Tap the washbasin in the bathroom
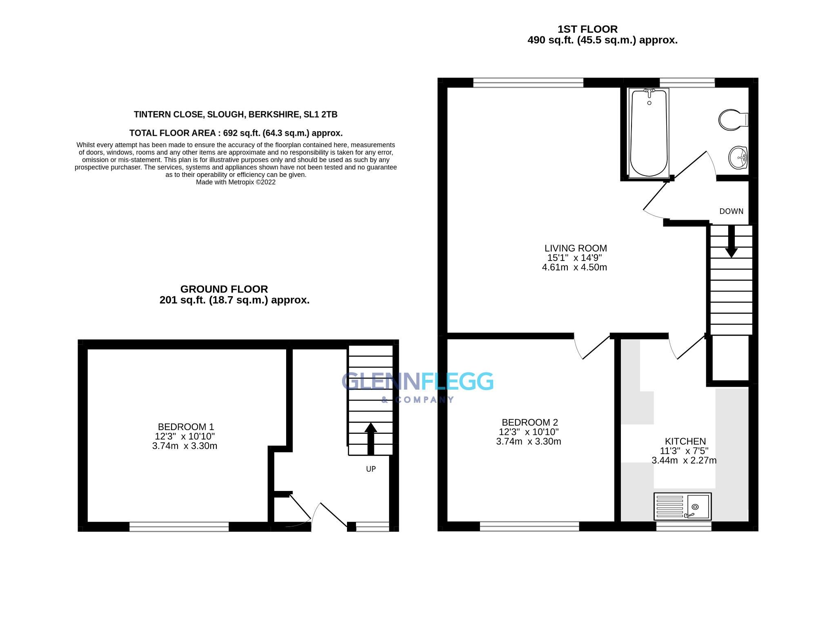[738, 158]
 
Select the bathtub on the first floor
[649, 133]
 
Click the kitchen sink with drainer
[683, 506]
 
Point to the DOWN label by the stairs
[731, 211]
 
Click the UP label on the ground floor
[371, 469]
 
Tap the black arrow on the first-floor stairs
[731, 242]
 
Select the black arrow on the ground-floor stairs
[371, 438]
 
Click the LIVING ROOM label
[576, 248]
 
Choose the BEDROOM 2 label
[529, 422]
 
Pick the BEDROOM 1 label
[186, 427]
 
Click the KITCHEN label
[685, 442]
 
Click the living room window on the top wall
[528, 83]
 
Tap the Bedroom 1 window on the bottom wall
[179, 527]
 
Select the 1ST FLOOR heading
[587, 29]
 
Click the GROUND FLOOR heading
[224, 289]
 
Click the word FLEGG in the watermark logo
[457, 382]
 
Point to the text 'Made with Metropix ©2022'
[236, 182]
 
